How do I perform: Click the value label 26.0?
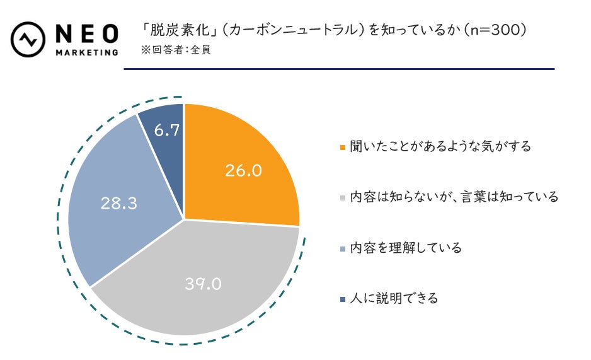tap(243, 170)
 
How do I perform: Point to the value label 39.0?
tap(203, 284)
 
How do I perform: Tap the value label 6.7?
tap(167, 131)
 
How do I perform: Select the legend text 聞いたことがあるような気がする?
tap(440, 146)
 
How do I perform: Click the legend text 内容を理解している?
tap(405, 248)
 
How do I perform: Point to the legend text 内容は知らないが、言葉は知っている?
tap(454, 197)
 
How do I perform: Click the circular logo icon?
tap(28, 38)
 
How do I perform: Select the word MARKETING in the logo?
tap(86, 52)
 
